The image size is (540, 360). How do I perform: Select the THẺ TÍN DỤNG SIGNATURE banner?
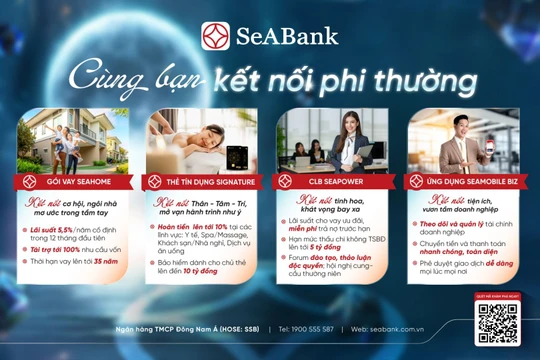coord(208,181)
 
